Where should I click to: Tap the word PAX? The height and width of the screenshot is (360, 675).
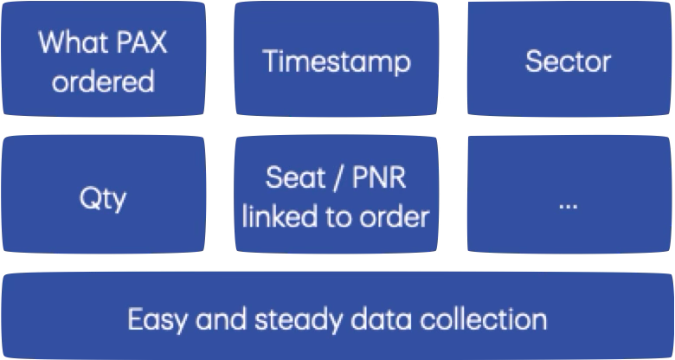(x=138, y=44)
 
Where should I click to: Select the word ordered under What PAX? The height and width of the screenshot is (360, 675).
(x=103, y=81)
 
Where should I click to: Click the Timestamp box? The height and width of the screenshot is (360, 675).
(x=337, y=61)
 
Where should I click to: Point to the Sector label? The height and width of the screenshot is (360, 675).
(x=568, y=61)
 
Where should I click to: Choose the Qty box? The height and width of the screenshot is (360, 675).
(x=103, y=198)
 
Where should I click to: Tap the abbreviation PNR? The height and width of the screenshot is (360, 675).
(x=377, y=181)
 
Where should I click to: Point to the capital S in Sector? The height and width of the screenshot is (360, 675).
(x=533, y=61)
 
